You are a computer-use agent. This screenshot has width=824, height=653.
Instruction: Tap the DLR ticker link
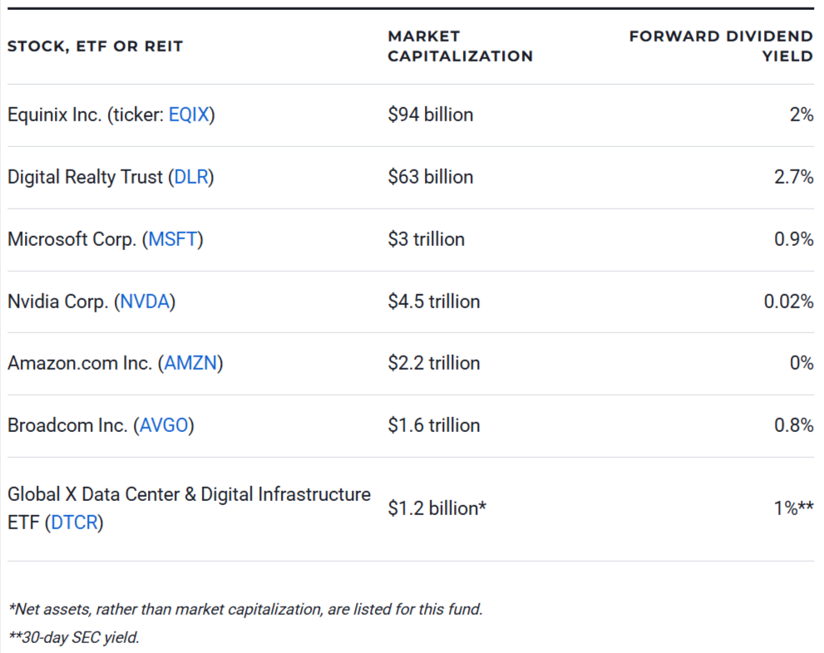click(x=190, y=177)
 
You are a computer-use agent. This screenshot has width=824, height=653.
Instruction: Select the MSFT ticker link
click(x=172, y=239)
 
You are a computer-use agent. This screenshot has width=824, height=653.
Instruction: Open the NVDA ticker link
click(x=146, y=302)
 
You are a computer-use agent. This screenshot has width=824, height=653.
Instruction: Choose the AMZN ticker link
click(x=190, y=363)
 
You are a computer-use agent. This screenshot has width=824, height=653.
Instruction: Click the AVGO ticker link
click(x=164, y=425)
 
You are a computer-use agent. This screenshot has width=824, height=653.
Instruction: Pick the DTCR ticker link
click(x=74, y=523)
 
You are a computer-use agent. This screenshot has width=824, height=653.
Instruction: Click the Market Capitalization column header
click(x=460, y=47)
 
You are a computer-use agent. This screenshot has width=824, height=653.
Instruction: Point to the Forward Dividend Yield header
click(x=721, y=47)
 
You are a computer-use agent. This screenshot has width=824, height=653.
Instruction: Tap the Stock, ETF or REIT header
click(x=95, y=47)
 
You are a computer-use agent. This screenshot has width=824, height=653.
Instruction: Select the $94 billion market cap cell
click(x=430, y=115)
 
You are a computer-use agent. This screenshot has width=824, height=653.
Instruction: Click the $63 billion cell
click(x=430, y=177)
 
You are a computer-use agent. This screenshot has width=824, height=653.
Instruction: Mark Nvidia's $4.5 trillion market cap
click(x=433, y=302)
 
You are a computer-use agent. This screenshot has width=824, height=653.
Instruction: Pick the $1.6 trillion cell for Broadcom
click(x=433, y=425)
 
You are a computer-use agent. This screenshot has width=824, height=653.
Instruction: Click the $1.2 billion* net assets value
click(x=437, y=508)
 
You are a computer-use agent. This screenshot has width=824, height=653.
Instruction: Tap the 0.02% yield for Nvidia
click(x=788, y=302)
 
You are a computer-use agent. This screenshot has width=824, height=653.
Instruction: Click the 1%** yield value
click(x=793, y=508)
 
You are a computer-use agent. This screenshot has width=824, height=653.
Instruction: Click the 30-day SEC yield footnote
click(x=74, y=638)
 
